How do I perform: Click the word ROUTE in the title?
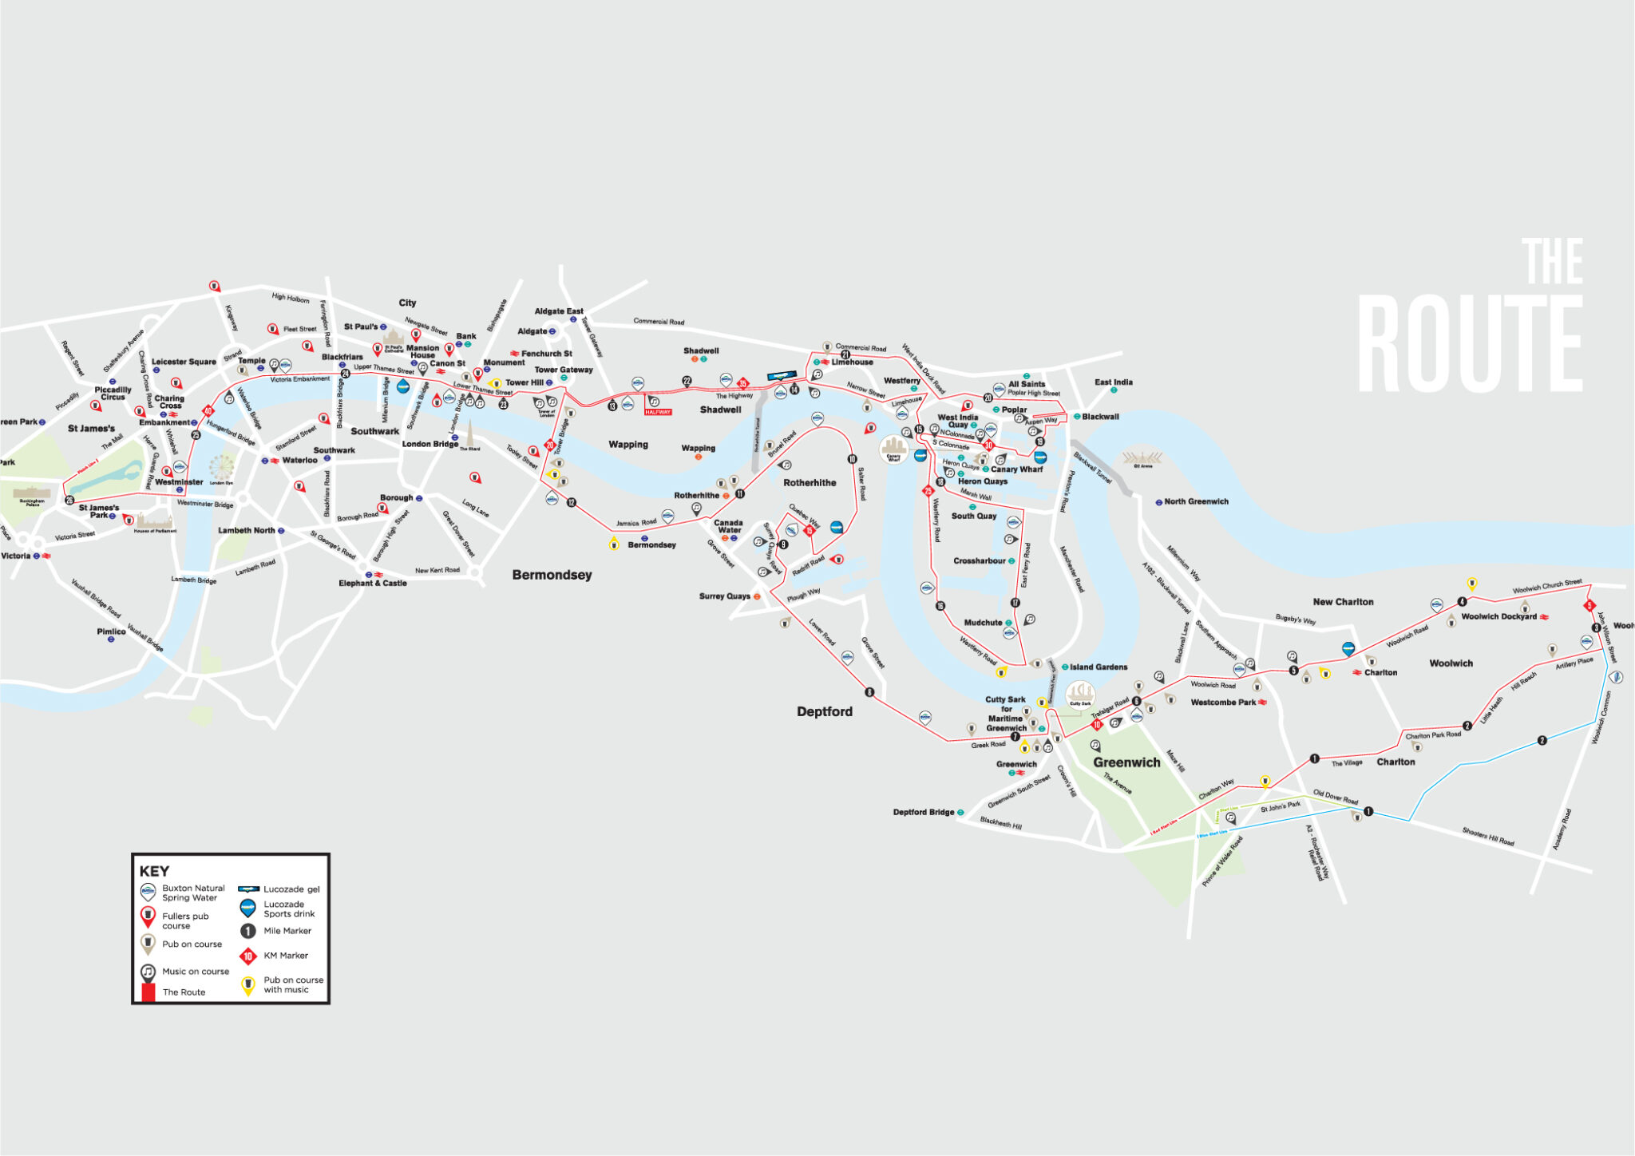(1470, 343)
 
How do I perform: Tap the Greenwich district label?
(1126, 762)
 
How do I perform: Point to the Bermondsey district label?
(552, 575)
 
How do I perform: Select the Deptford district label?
(824, 711)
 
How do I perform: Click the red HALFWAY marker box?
(658, 412)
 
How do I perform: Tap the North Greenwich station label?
(1196, 501)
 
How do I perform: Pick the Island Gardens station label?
(1099, 667)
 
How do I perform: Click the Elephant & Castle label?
(372, 583)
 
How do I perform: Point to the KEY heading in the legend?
(154, 871)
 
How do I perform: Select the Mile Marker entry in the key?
(287, 931)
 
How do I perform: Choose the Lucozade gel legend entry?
(291, 889)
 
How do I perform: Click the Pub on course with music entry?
(293, 984)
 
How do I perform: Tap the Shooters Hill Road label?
(1487, 836)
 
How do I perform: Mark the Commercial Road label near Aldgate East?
(659, 322)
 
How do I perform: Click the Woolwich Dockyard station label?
(1498, 616)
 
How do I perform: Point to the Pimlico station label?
(112, 631)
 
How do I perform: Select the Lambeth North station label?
(247, 530)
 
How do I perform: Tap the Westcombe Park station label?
(1223, 703)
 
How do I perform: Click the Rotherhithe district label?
(810, 483)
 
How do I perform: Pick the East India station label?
(1113, 382)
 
